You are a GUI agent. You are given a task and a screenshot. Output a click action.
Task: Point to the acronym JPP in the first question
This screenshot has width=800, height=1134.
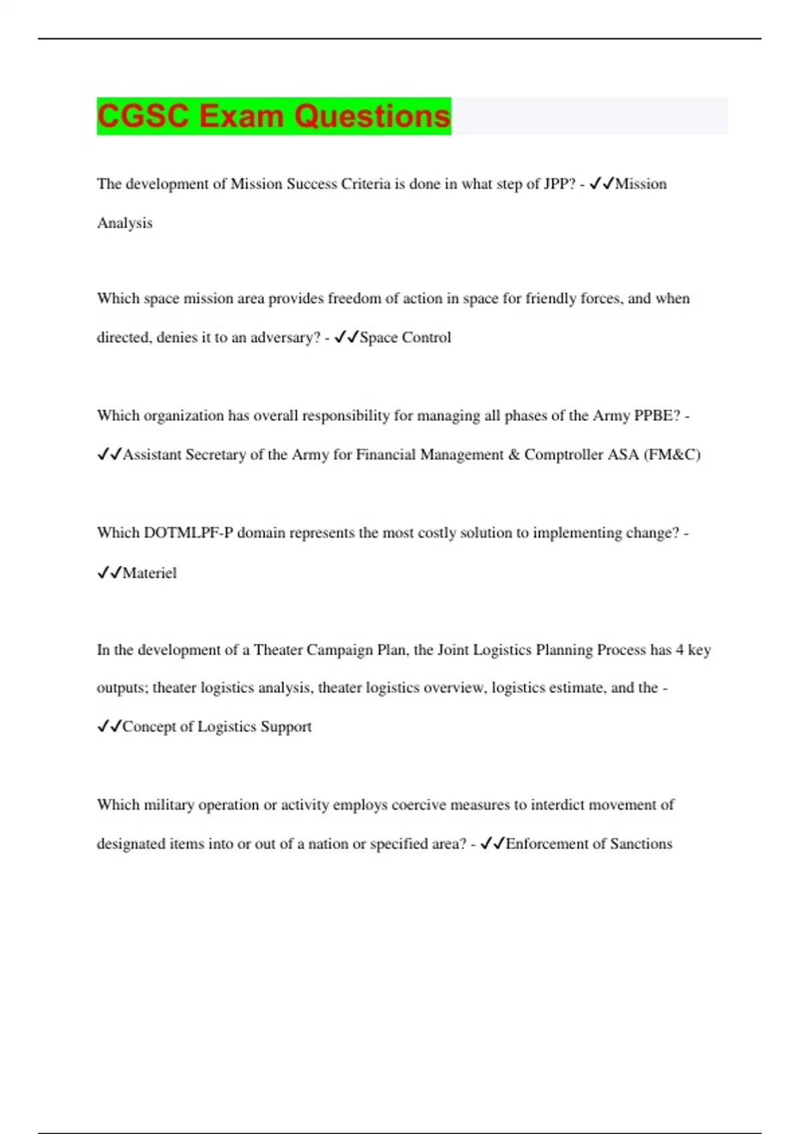click(559, 184)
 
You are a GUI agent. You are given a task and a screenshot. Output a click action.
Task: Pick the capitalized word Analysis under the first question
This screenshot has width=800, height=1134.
click(125, 223)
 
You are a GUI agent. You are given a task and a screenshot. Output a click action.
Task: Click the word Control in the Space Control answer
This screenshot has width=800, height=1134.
click(427, 338)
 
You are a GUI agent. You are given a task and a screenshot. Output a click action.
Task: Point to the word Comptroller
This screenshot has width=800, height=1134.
click(563, 455)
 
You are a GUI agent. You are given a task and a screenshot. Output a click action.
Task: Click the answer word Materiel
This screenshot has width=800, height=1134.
click(150, 573)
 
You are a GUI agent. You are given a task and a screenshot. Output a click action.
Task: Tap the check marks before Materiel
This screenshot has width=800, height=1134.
click(109, 573)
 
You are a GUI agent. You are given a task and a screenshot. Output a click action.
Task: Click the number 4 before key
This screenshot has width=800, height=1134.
click(679, 650)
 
